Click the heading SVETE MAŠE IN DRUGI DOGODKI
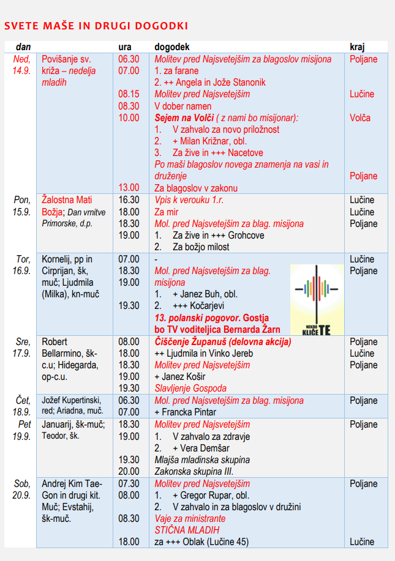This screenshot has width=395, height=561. pos(96,26)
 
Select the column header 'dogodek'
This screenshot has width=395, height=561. pos(172,47)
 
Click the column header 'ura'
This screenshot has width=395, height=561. pos(125,47)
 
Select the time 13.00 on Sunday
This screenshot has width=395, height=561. pos(129,188)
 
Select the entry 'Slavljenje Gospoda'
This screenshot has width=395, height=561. pos(190,388)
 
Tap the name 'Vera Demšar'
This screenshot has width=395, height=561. pos(207,448)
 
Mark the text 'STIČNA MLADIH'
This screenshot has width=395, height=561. pos(187,530)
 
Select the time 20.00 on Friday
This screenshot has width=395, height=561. pos(129,471)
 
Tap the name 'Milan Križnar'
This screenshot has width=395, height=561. pos(208,141)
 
